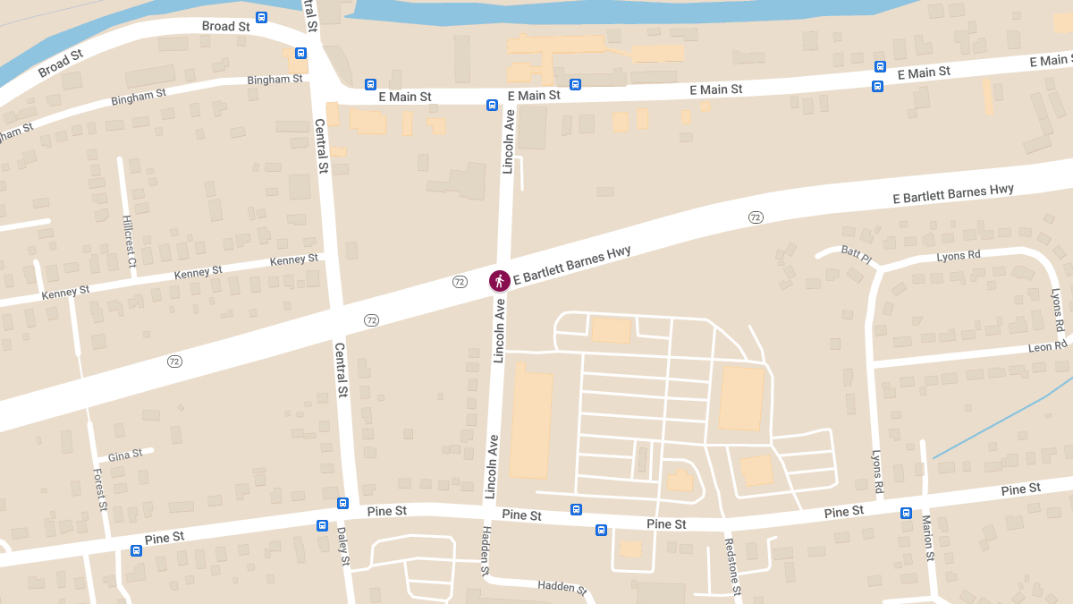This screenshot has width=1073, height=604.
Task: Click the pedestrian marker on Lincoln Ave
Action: [x=500, y=281]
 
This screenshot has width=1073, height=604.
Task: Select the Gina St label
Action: [x=125, y=455]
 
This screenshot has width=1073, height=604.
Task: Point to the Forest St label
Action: [x=101, y=489]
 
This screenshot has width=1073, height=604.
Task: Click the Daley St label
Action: [x=343, y=546]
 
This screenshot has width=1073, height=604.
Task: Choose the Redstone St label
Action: [x=732, y=566]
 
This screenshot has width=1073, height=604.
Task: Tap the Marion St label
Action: [x=927, y=538]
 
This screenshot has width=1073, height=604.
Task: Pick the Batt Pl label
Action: [x=856, y=255]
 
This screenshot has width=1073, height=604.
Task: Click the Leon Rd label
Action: [x=1047, y=347]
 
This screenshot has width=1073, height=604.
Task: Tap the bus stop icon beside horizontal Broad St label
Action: [x=262, y=17]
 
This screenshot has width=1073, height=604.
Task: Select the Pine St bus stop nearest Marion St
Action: [x=906, y=514]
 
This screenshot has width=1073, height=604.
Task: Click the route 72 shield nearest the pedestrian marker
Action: [x=460, y=282]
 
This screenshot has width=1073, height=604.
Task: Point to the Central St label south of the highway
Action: [x=341, y=369]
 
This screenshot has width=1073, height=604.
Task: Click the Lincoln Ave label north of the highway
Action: [x=509, y=140]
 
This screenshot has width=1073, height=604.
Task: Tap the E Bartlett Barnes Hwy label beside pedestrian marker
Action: [x=572, y=266]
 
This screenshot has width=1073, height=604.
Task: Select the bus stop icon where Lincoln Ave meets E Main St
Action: [x=492, y=105]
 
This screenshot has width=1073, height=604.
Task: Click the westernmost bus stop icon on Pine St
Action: [x=136, y=550]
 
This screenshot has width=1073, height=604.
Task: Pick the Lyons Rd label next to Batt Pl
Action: [x=959, y=255]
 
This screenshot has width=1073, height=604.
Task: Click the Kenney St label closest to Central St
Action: [x=294, y=260]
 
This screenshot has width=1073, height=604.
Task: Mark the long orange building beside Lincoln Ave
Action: [x=530, y=425]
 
